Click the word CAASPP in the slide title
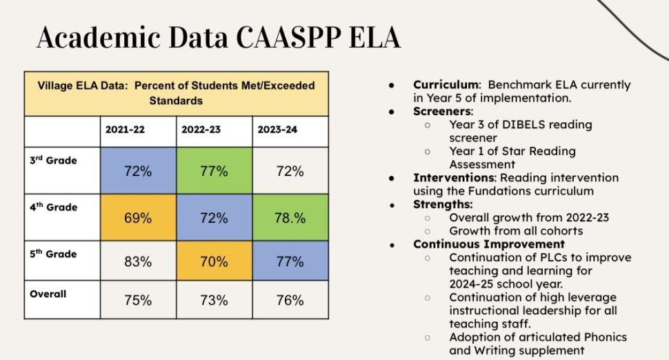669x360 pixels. point(285,38)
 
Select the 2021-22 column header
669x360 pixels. point(125,130)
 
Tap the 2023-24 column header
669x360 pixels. point(277,130)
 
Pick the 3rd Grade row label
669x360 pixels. point(52,161)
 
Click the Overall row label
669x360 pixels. point(48,294)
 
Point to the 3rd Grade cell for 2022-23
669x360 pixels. point(214,171)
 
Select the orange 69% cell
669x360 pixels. point(138,218)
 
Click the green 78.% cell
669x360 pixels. point(290,218)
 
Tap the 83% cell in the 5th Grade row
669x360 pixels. point(138,262)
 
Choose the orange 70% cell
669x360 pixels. point(214,262)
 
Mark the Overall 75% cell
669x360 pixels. point(138,300)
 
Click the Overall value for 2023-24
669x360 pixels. point(290,300)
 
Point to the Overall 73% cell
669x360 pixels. point(214,300)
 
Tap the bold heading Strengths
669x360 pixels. point(441,204)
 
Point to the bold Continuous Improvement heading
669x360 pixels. point(489,244)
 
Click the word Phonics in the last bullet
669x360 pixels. point(605,337)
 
